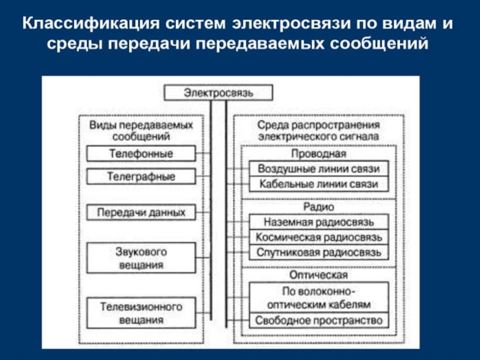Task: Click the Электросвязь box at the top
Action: point(218,93)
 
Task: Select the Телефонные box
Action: point(141,154)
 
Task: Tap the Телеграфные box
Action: point(141,177)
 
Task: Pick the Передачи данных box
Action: point(141,212)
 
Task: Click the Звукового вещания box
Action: point(141,256)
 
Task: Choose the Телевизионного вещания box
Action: point(141,313)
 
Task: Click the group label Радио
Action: point(319,206)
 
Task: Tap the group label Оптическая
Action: point(319,275)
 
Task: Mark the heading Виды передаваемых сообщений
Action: point(141,131)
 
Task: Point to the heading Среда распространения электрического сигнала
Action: point(319,131)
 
